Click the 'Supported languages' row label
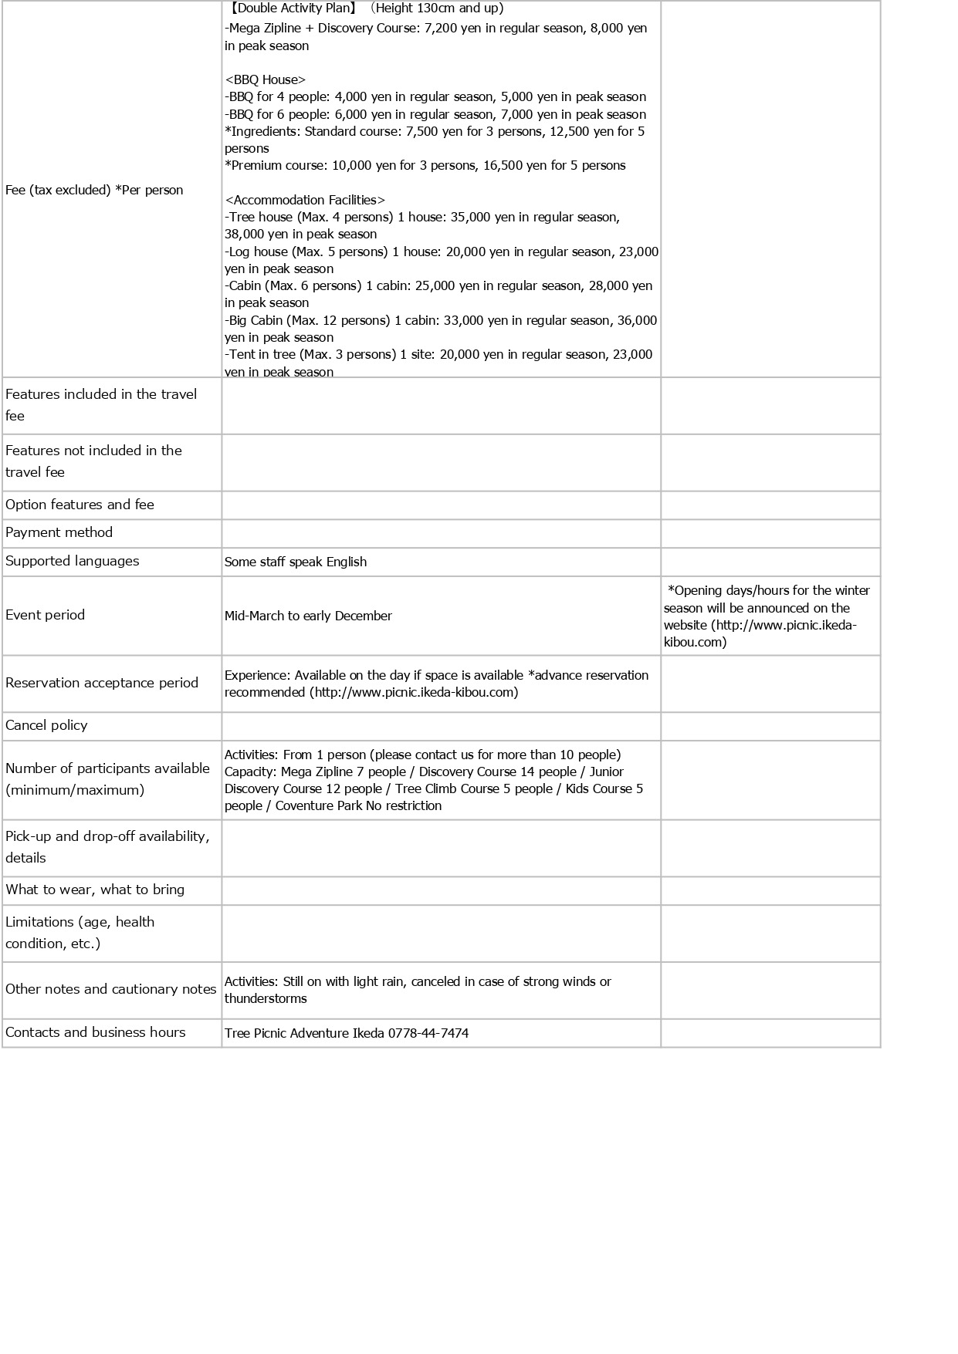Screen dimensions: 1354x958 click(x=73, y=561)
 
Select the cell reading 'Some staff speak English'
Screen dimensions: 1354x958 click(x=296, y=562)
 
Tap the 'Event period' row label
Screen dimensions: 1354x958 click(x=45, y=615)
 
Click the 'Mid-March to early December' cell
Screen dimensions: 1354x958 click(x=308, y=616)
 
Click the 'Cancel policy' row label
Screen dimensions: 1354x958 click(x=46, y=725)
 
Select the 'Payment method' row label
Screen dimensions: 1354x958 click(x=59, y=532)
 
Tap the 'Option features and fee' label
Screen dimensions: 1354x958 click(x=80, y=505)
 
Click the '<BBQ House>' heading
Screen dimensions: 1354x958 click(x=265, y=79)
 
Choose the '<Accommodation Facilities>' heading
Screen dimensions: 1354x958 click(x=305, y=200)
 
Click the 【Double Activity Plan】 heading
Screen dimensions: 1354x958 click(x=292, y=8)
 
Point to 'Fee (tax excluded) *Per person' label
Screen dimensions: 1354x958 click(x=94, y=190)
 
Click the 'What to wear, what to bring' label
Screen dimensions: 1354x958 click(x=95, y=890)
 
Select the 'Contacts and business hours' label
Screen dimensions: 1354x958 click(x=96, y=1032)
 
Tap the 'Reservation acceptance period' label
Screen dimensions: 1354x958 click(x=102, y=683)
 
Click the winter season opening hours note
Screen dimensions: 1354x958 click(x=769, y=616)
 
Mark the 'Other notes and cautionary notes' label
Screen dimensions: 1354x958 click(x=110, y=989)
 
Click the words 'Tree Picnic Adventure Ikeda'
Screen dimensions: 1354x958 click(x=304, y=1033)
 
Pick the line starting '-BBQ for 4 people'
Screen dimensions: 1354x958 click(x=435, y=96)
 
